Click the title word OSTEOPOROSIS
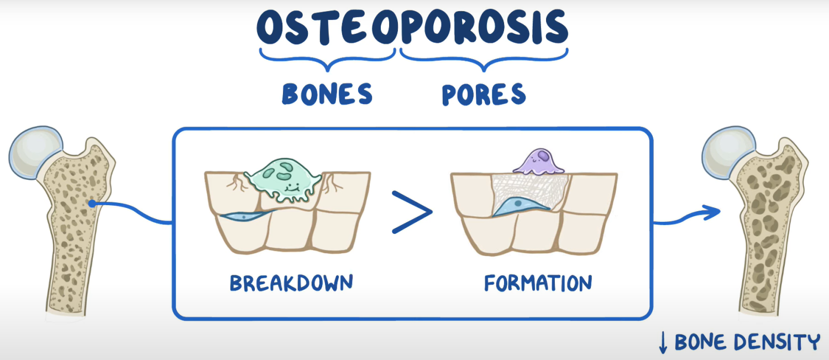point(412,28)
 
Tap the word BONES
point(327,95)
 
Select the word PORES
point(484,95)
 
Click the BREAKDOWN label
point(291,283)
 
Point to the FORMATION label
point(538,283)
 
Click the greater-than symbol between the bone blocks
point(412,212)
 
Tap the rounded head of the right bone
point(728,150)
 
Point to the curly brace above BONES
point(327,61)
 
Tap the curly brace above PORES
point(484,61)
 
